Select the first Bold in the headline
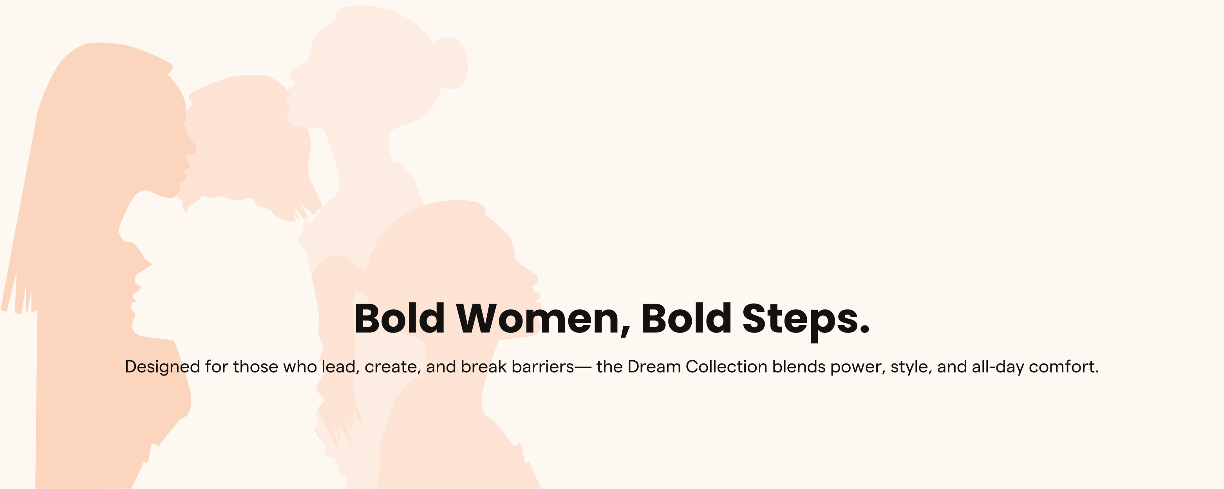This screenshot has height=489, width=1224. [400, 318]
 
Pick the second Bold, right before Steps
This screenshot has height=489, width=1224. [686, 318]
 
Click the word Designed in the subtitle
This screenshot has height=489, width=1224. [163, 367]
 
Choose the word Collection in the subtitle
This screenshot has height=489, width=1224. [727, 367]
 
